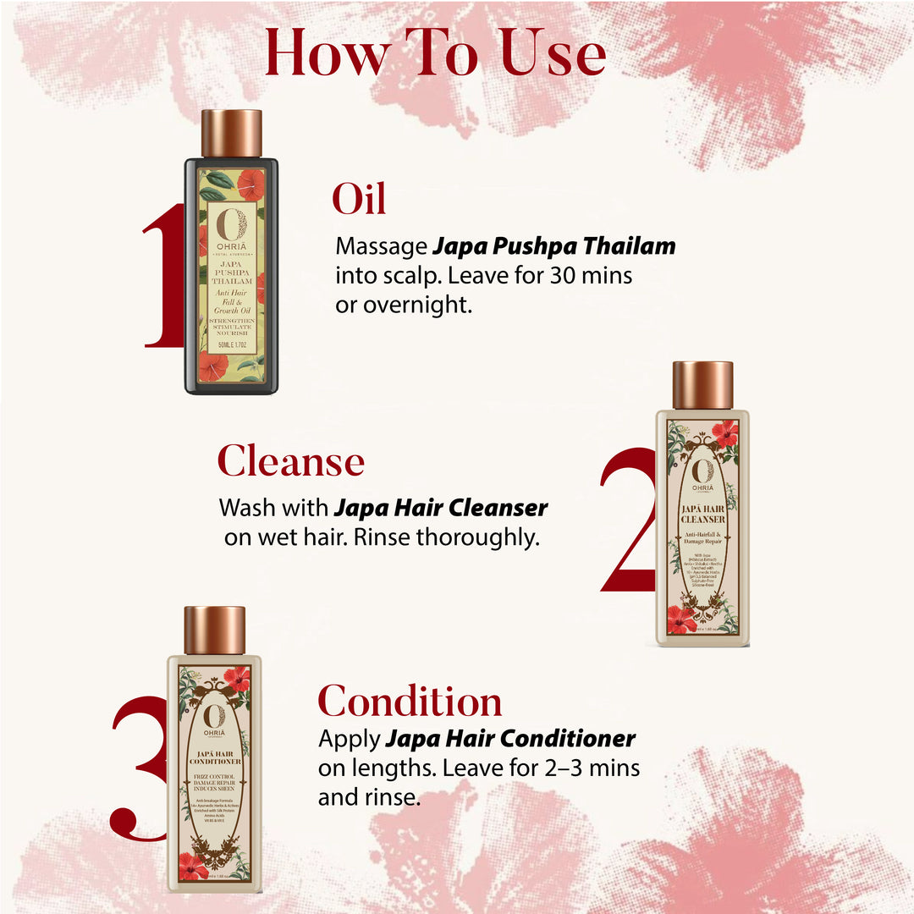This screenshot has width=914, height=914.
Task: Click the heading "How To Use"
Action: coord(435,53)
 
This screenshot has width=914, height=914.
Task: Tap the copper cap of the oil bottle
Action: coord(231,133)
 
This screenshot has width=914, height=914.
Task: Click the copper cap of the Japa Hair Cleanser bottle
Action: coord(702,385)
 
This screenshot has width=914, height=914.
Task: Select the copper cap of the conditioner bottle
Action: coord(214,630)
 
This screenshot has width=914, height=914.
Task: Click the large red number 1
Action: coord(165,276)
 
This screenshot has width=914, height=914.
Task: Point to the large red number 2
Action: coord(630,520)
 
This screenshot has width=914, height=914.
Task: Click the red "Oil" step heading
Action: coord(359,199)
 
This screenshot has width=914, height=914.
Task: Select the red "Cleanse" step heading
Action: coord(290,462)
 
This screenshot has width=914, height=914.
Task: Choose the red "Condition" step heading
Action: coord(410,702)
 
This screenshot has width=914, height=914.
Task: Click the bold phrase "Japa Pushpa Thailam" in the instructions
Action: coord(554,246)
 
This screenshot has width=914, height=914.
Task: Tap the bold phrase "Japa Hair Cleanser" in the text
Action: coord(441,508)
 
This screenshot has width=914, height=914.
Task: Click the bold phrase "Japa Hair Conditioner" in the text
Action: coord(510,739)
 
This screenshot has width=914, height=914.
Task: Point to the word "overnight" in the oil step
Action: coord(417,306)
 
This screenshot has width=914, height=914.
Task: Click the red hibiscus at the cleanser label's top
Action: coord(724,432)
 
